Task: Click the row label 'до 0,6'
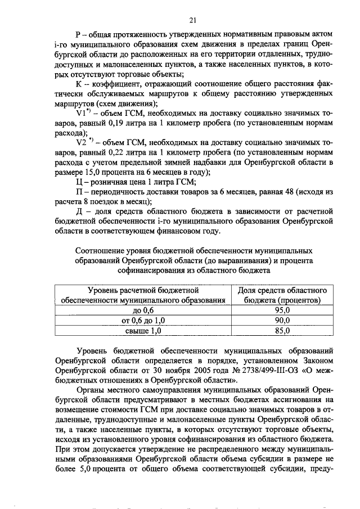[143, 310]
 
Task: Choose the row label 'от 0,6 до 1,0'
[143, 320]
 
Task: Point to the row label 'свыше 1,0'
[143, 331]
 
